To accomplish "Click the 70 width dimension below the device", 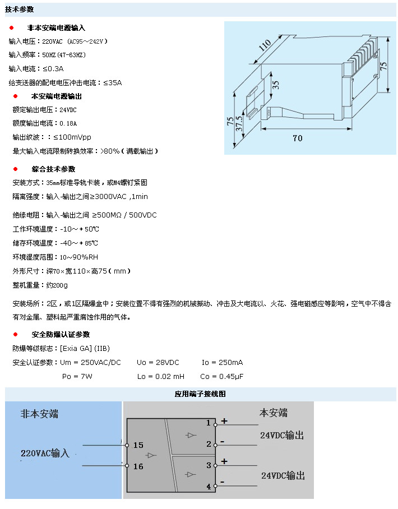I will point(297,138).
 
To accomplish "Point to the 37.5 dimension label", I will point(239,124).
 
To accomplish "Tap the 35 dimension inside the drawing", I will point(275,85).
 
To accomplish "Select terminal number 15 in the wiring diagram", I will point(138,445).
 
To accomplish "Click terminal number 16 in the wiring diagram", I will point(138,466).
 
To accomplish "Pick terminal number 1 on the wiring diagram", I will point(209,423).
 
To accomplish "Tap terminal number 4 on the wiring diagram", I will point(209,487).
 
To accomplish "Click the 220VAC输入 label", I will point(45,453).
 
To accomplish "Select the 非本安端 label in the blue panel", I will point(39,414).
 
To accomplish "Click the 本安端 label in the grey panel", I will point(273,413).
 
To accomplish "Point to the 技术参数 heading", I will point(20,10).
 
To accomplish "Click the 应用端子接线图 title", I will point(200,394).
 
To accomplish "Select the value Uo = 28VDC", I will point(158,363).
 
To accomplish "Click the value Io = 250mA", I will point(222,363).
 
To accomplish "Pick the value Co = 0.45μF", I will point(222,377).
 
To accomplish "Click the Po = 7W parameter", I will point(77,377).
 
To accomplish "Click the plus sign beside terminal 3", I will point(224,461).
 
